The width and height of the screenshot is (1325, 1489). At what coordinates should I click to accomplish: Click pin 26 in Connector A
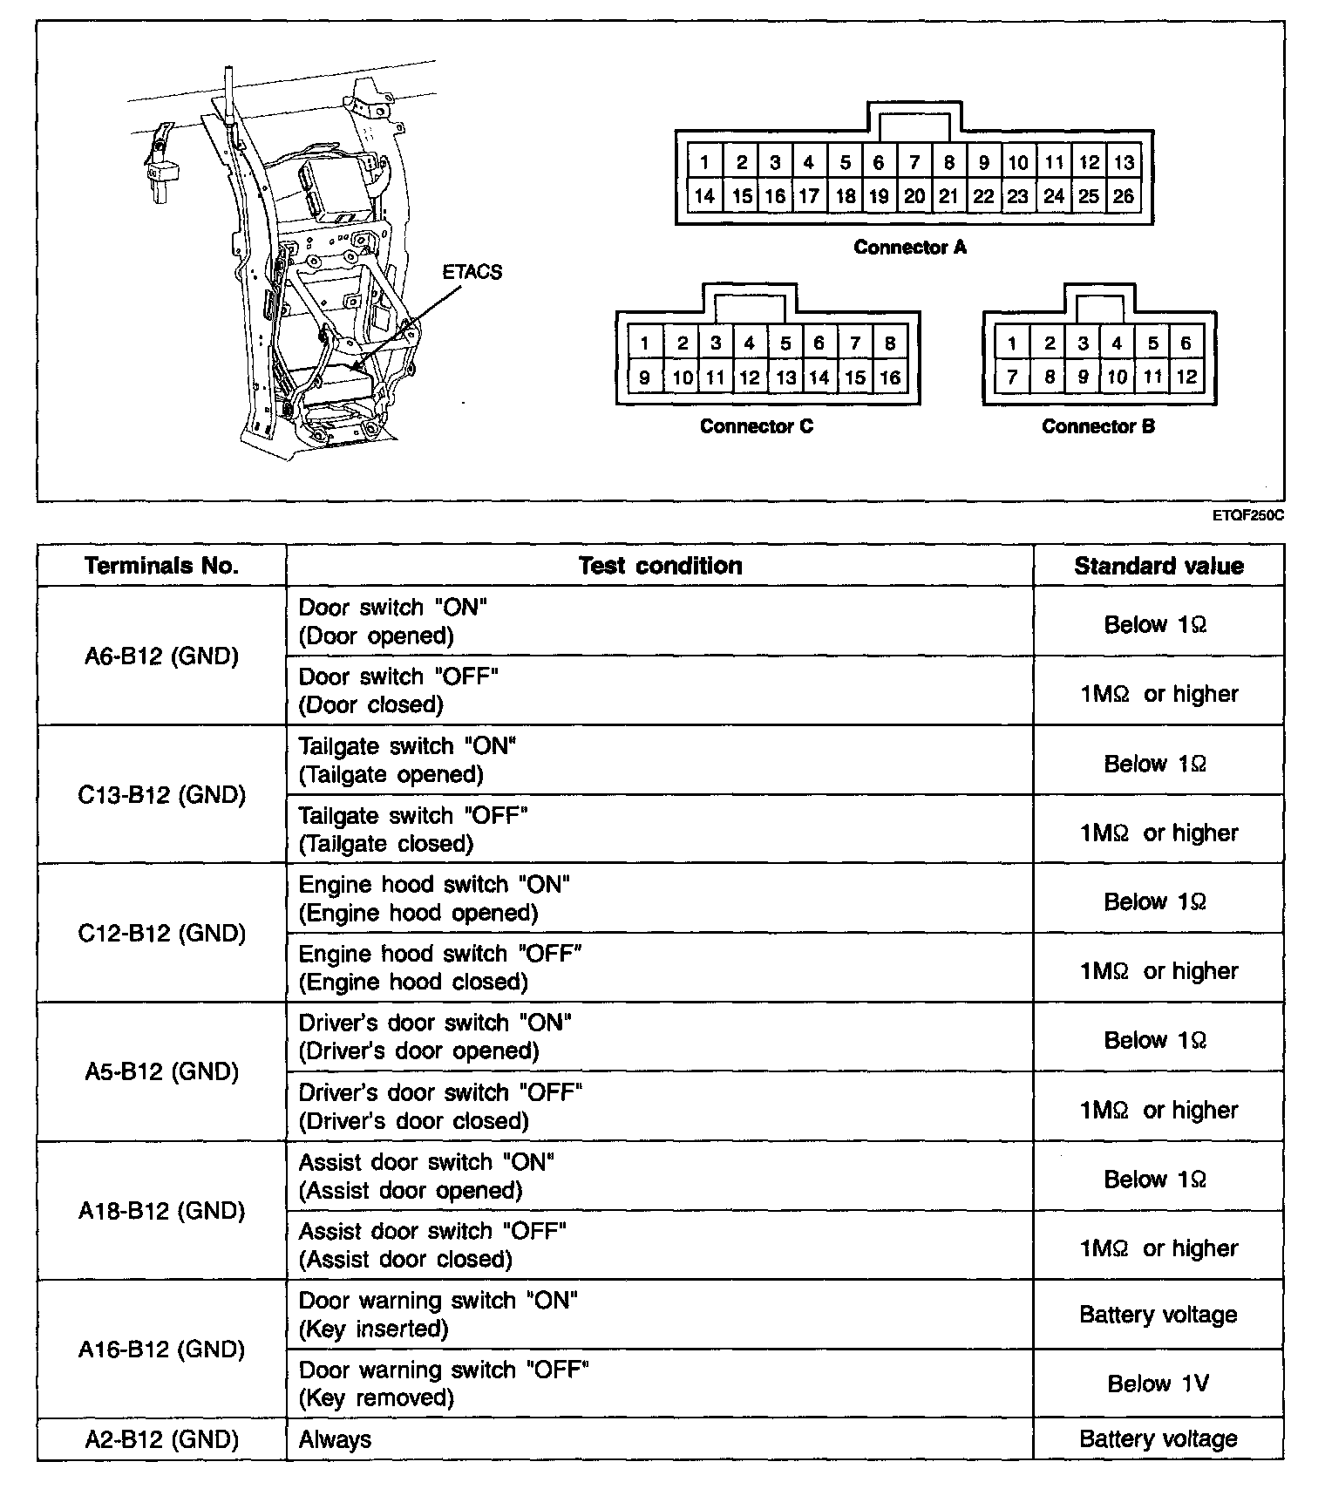click(1124, 196)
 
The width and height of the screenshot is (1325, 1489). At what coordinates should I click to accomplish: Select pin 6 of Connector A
click(879, 162)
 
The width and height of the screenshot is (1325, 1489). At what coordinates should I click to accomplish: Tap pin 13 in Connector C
click(785, 377)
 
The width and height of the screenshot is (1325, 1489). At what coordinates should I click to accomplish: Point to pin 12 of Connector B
click(1186, 377)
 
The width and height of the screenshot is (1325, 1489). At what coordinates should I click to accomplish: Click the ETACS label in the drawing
click(472, 272)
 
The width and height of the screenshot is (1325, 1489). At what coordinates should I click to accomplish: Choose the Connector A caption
click(910, 248)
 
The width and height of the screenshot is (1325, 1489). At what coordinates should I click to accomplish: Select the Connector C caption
click(756, 426)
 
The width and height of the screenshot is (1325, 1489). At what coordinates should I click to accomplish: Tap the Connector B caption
click(1097, 426)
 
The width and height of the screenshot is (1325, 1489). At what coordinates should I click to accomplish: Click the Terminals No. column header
click(161, 566)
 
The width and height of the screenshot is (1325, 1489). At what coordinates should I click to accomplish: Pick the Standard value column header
click(1159, 566)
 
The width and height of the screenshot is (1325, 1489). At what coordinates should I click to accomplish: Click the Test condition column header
click(660, 566)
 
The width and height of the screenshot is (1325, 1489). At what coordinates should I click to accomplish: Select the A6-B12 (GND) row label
click(161, 656)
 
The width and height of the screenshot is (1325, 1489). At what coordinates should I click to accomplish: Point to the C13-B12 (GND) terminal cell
click(161, 795)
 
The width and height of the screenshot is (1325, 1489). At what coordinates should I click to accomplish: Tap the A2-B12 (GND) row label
click(161, 1439)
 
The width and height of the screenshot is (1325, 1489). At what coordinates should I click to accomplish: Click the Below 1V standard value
click(1158, 1384)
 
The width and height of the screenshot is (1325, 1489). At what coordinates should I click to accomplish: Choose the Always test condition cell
click(336, 1439)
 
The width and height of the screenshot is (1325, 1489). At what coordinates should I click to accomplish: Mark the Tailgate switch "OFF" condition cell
click(414, 829)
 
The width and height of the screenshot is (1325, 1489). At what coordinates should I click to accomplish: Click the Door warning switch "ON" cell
click(438, 1314)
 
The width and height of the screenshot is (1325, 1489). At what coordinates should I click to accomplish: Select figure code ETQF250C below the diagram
click(1248, 515)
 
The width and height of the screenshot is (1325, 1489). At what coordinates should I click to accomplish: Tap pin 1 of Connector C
click(644, 343)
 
